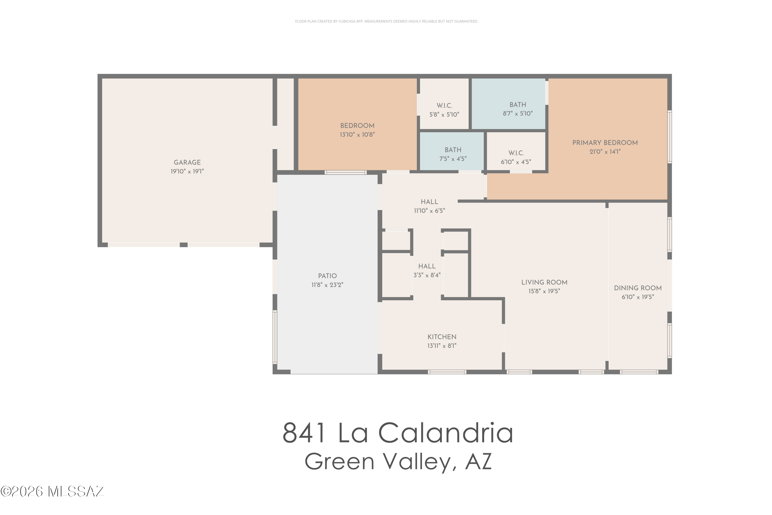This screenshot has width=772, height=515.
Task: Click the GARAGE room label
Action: [187, 162]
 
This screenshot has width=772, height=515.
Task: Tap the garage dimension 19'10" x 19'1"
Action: [187, 171]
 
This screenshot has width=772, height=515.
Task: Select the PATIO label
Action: [327, 276]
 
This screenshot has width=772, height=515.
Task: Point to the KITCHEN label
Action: [442, 337]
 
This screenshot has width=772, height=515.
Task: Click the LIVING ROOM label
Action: [544, 282]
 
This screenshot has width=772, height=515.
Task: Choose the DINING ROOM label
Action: [638, 288]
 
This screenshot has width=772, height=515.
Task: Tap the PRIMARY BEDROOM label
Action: [605, 143]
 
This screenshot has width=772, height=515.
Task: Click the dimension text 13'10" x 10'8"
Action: [357, 135]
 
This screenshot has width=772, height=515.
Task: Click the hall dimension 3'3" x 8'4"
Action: [427, 275]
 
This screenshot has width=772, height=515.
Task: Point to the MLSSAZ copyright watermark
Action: [52, 491]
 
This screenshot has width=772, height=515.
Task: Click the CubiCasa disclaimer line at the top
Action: [386, 21]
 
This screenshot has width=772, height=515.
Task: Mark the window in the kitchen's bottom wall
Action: [447, 372]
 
